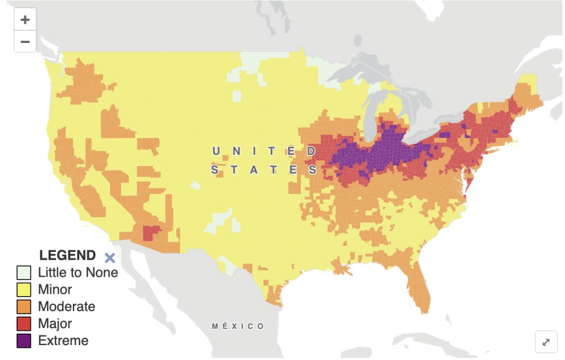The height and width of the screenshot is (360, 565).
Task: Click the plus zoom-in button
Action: pos(25,20)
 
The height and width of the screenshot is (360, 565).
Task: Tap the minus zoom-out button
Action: pos(25,41)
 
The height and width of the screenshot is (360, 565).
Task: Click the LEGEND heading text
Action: pos(67,255)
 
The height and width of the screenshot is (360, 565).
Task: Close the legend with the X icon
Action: pos(110,257)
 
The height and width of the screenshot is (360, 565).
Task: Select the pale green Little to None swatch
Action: pos(24,272)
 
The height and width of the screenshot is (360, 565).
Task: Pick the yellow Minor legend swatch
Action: pos(24,289)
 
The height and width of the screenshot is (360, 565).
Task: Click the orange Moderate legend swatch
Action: pos(24,307)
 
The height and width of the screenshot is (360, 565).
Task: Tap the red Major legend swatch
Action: pos(24,324)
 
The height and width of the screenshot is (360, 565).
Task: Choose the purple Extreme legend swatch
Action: pos(24,341)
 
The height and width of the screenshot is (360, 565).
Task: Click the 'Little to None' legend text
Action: pos(78,272)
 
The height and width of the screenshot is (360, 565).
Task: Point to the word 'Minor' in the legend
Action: pos(55,289)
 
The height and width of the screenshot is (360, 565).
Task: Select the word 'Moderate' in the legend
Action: pos(66,307)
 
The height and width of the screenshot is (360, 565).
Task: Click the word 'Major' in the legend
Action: pos(55,324)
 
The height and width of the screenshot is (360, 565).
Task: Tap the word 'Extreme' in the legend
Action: pos(63,341)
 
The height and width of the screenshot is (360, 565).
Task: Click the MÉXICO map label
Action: pos(238,326)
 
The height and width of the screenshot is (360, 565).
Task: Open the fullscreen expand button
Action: pos(546,342)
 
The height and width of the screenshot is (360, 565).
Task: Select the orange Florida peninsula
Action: pos(417,284)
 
